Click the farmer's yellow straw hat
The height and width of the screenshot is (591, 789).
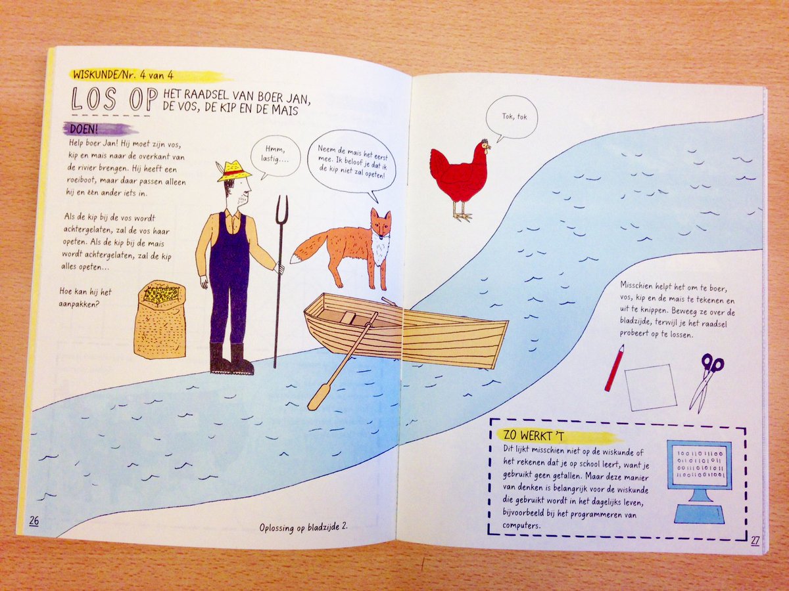tap(234, 171)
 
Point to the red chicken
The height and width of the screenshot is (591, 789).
tap(460, 174)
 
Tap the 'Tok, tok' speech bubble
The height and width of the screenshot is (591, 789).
tap(512, 117)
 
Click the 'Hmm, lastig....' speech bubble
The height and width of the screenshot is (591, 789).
tap(274, 158)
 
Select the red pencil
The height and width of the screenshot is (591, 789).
tap(614, 367)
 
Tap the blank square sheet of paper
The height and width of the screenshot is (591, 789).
tap(650, 387)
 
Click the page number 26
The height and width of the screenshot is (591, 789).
tap(34, 521)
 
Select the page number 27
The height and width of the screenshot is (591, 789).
tap(755, 541)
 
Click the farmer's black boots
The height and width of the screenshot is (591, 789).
tap(231, 359)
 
